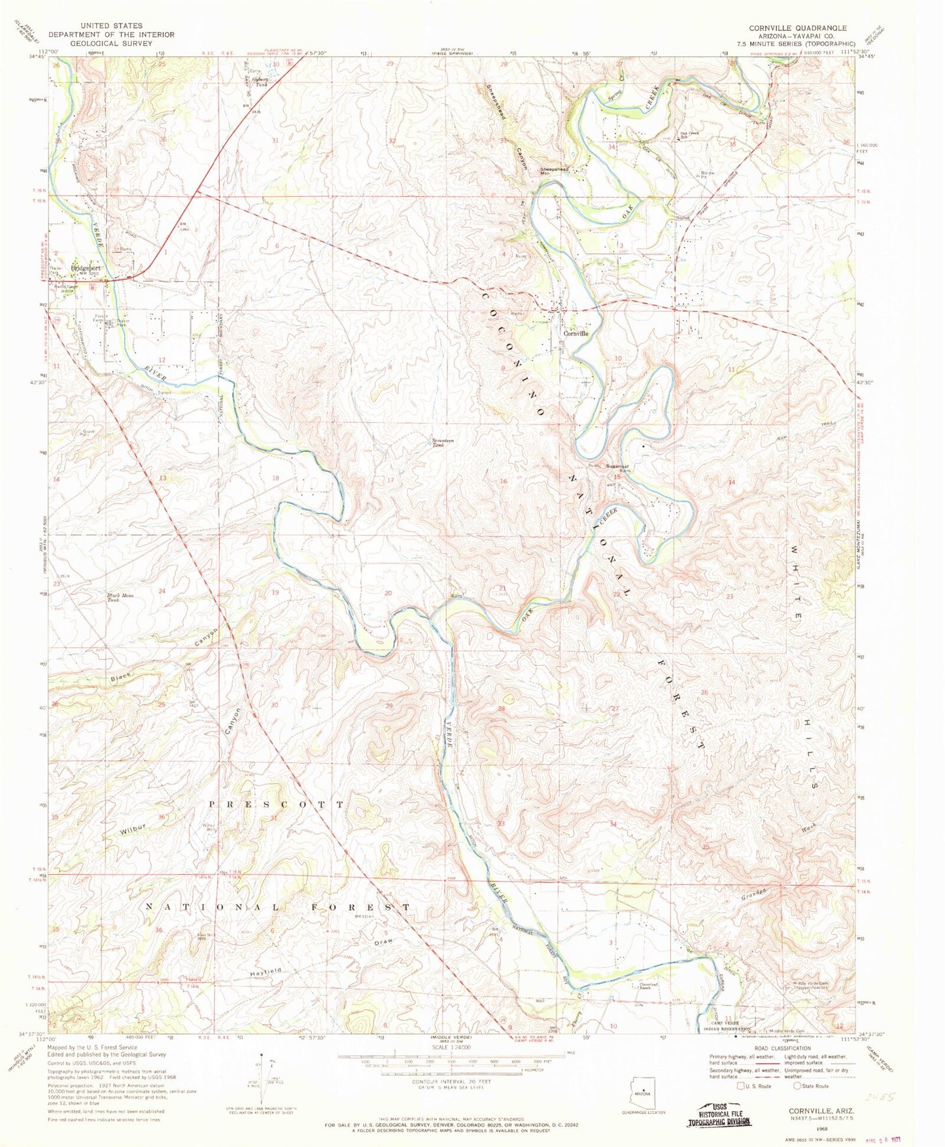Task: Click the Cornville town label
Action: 576,333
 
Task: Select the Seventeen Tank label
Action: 444,441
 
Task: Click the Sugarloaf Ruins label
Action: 618,468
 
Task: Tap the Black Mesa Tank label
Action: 120,597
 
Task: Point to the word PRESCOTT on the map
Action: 276,804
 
